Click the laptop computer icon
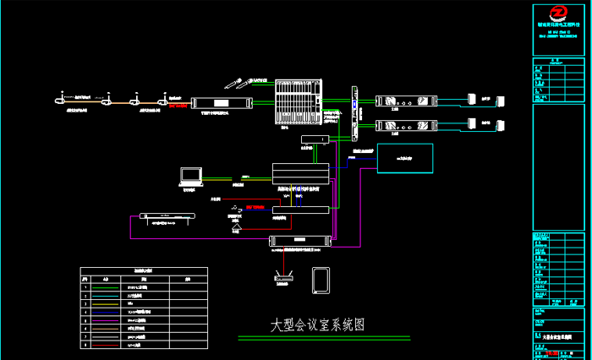[190, 176]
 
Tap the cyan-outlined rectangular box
[404, 157]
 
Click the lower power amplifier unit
[401, 127]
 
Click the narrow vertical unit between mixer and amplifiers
[355, 110]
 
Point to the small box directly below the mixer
[315, 139]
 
